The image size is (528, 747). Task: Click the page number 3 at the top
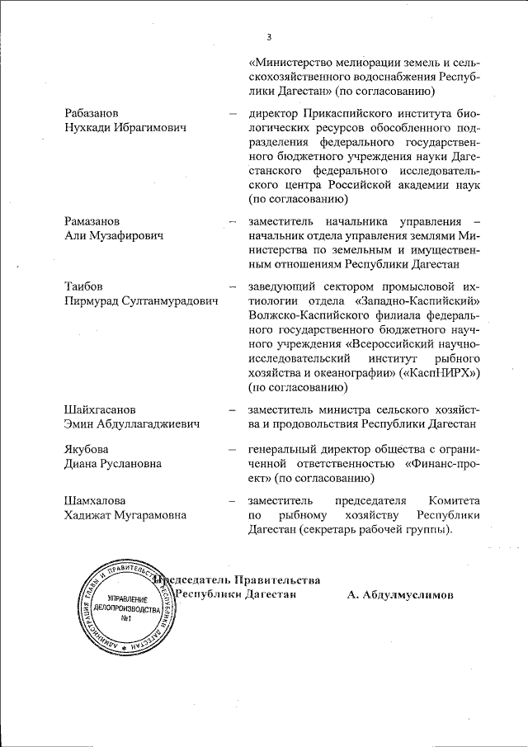pos(269,36)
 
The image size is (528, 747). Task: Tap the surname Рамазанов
pos(97,221)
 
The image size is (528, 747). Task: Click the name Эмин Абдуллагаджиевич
pos(133,423)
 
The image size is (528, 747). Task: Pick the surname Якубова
pos(88,450)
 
